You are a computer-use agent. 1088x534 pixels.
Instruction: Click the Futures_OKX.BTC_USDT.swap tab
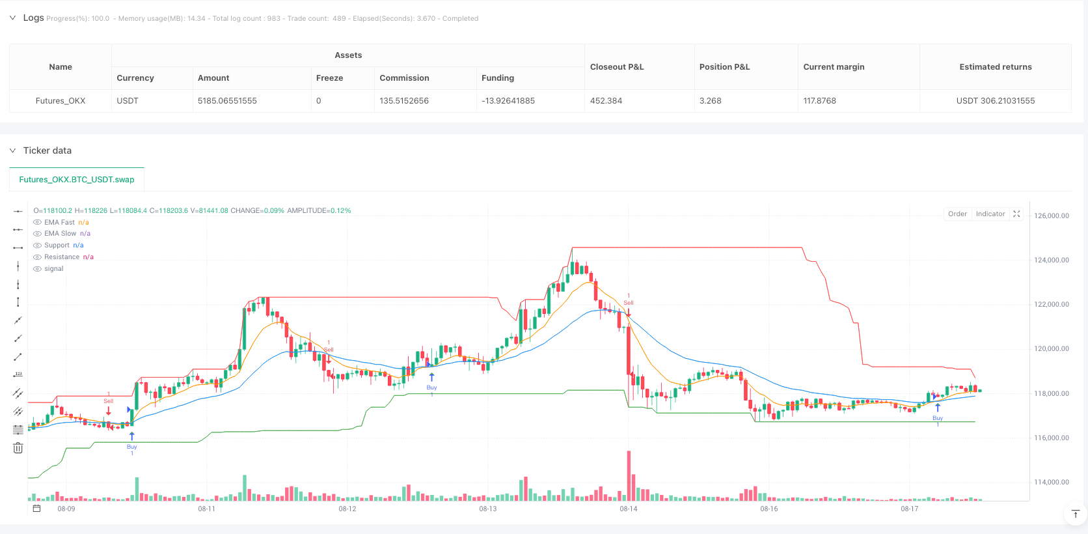[x=77, y=180]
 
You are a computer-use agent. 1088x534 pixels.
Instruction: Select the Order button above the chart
[x=957, y=214]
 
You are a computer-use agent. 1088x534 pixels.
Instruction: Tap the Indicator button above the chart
[x=990, y=214]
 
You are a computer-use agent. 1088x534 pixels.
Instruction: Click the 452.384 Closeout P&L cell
[x=606, y=101]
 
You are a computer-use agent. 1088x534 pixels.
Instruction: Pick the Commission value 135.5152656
[x=404, y=101]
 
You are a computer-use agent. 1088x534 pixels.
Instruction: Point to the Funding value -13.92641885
[x=508, y=101]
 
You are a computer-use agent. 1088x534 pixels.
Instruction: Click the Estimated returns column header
[x=995, y=67]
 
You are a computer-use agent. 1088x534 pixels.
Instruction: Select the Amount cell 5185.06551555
[x=227, y=101]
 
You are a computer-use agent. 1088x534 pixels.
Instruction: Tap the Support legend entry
[x=57, y=246]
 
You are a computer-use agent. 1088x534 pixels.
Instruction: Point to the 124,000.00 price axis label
[x=1051, y=260]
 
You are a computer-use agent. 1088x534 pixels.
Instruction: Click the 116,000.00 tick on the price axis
[x=1051, y=438]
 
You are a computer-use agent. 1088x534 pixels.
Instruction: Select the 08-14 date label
[x=628, y=509]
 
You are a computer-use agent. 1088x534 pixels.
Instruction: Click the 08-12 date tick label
[x=347, y=509]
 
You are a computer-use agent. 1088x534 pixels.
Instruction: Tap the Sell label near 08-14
[x=629, y=303]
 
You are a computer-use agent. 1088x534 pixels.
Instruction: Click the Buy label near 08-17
[x=937, y=418]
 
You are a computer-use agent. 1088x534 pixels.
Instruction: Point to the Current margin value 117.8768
[x=819, y=101]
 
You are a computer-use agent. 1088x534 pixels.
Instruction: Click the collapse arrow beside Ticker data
[x=12, y=150]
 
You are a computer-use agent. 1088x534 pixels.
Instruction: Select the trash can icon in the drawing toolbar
[x=18, y=448]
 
